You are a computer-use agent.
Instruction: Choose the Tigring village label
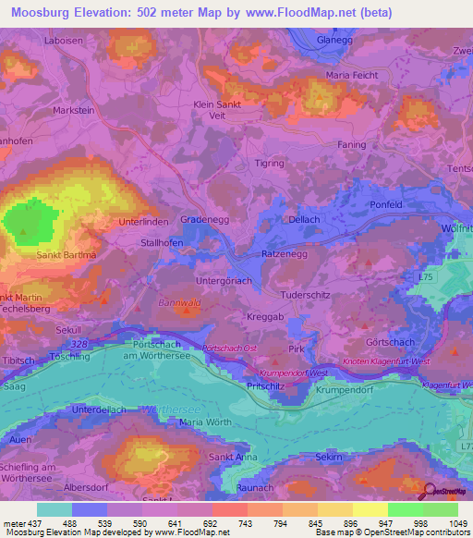270,163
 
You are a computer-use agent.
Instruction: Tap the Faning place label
352,145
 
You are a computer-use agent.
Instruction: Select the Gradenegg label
205,221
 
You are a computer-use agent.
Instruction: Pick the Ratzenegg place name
283,252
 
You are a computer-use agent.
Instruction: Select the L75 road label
425,277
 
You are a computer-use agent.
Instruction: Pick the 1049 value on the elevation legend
455,523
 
